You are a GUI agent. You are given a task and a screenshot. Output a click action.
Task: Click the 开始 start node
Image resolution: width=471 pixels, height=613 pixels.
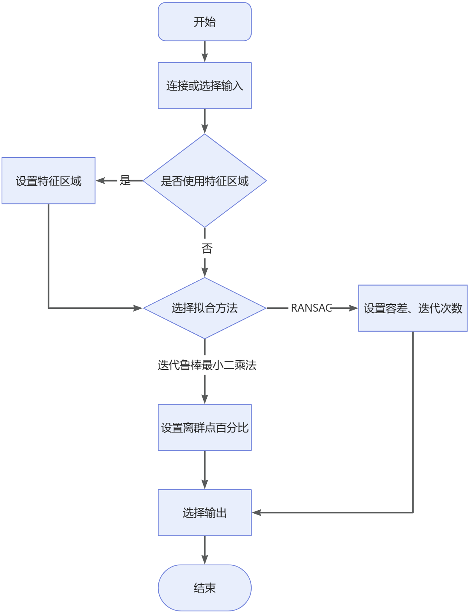(x=204, y=22)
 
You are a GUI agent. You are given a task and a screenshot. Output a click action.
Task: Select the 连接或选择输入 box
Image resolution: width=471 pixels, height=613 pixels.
(x=204, y=85)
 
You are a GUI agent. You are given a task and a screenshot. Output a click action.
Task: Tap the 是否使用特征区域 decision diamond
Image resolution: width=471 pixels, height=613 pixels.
(x=204, y=181)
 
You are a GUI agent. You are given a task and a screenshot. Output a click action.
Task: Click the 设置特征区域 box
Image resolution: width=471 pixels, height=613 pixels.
(x=48, y=181)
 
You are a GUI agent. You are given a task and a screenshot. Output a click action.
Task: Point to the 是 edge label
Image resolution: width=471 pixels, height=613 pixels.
(x=125, y=181)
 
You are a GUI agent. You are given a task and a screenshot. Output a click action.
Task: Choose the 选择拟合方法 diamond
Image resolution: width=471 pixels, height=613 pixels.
(x=204, y=308)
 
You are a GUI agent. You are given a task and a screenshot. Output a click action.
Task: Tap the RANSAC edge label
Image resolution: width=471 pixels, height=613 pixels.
(x=311, y=308)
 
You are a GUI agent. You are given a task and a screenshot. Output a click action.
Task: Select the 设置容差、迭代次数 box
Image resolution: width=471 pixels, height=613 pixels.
(x=413, y=308)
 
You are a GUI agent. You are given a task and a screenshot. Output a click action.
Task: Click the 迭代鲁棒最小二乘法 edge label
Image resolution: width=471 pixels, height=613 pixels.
(x=207, y=365)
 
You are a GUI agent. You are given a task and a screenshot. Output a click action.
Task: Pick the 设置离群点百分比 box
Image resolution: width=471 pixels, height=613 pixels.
(x=204, y=427)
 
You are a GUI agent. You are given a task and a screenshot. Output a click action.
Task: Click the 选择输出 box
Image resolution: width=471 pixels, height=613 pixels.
(x=204, y=513)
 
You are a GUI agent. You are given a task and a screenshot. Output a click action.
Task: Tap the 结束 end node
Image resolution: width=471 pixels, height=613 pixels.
(x=204, y=588)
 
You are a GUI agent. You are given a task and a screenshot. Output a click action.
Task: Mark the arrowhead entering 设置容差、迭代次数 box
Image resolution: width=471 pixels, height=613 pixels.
(x=353, y=308)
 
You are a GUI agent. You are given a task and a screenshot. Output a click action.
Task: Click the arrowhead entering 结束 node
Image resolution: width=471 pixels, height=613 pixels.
(x=204, y=560)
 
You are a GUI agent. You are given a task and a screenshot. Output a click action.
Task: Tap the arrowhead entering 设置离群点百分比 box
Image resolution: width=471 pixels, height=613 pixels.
(x=204, y=399)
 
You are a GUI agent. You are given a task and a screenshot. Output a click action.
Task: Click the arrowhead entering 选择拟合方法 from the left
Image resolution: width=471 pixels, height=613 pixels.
(x=138, y=308)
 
